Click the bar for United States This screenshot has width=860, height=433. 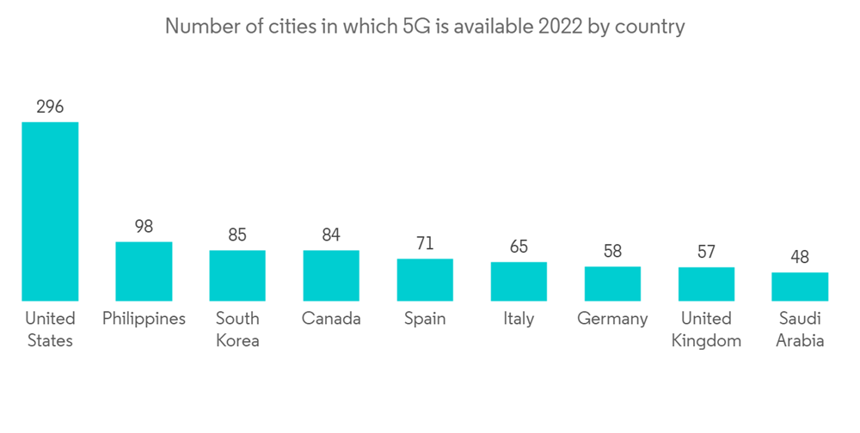point(50,211)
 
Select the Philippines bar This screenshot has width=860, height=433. point(144,271)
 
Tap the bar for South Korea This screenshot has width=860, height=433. point(237,276)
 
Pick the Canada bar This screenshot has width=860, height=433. point(331,276)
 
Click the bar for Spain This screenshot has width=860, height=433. point(425,280)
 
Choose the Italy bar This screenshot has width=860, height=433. point(519,282)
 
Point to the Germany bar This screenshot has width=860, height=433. point(612,284)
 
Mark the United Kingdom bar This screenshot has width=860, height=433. point(706,284)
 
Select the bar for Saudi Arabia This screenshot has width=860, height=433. point(800,287)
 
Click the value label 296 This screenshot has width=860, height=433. point(50,107)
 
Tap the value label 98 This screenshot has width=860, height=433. point(144,227)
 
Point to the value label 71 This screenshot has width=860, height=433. point(425,244)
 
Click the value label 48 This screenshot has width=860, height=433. point(800,258)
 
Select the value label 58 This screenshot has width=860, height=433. point(612,252)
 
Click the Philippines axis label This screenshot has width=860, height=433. point(144,319)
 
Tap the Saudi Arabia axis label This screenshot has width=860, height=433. point(800,329)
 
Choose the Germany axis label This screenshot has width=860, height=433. point(612,319)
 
